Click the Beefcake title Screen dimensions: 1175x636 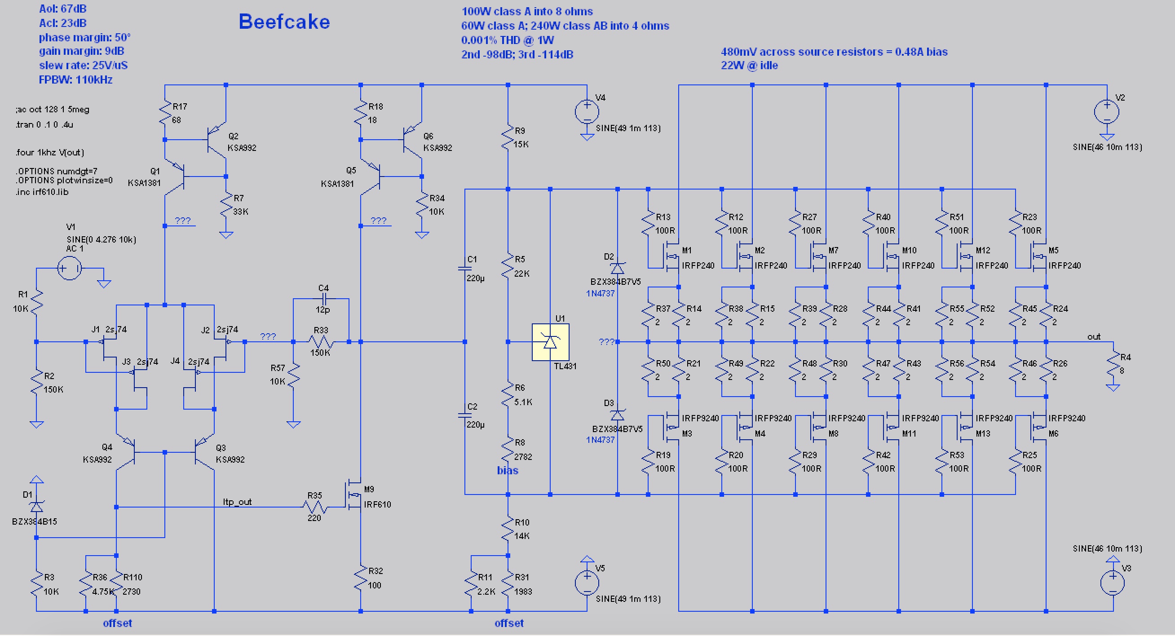284,22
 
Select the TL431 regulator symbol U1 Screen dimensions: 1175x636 550,342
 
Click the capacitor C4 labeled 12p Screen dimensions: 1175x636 324,299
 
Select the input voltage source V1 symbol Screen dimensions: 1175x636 70,268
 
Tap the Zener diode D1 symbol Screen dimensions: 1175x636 36,507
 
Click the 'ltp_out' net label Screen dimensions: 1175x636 237,502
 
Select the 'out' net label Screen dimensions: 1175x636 1094,337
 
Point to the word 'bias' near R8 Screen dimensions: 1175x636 508,470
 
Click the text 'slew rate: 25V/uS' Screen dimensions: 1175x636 83,65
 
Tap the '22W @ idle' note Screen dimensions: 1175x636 750,65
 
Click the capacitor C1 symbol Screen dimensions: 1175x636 465,269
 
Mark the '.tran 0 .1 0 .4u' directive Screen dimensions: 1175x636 44,124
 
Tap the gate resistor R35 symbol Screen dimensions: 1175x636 315,507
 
